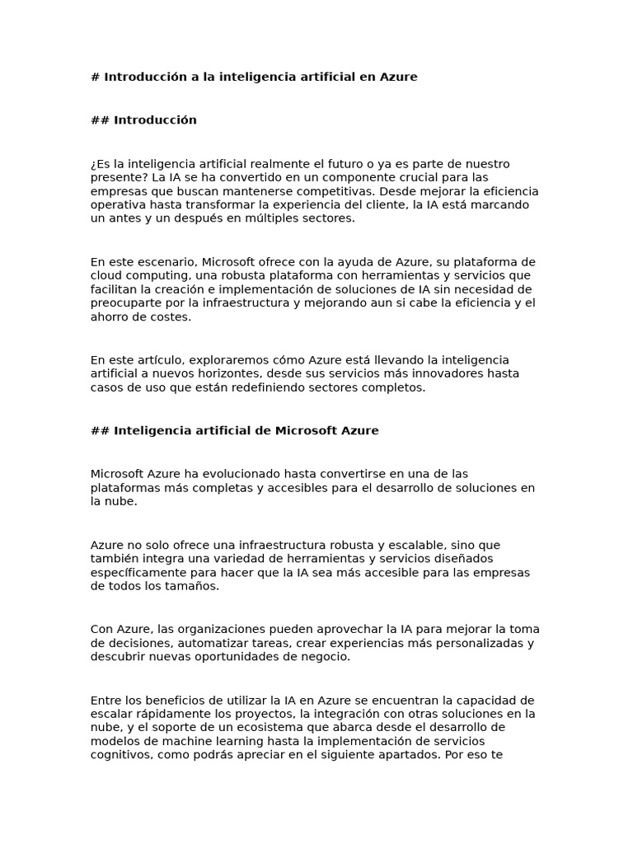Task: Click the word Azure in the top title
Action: (x=398, y=77)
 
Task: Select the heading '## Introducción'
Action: (x=143, y=120)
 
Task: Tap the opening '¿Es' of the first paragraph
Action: (x=100, y=164)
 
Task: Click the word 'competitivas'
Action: (x=322, y=191)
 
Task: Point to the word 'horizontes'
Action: (x=223, y=373)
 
